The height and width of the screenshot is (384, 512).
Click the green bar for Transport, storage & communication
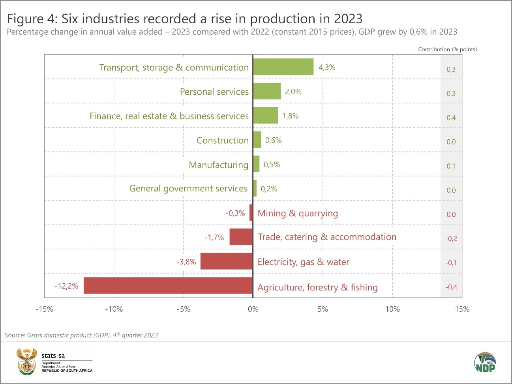(x=283, y=67)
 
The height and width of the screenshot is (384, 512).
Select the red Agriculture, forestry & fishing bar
(x=168, y=285)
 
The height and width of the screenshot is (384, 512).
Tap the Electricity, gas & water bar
(x=226, y=261)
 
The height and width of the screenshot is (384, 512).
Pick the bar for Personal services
(x=266, y=91)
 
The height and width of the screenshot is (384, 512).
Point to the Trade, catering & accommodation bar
(x=241, y=237)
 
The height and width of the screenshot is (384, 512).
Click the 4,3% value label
(x=327, y=67)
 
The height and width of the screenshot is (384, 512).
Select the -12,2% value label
(x=66, y=286)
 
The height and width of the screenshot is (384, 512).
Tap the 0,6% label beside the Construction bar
(x=273, y=140)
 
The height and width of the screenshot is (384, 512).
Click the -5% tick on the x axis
(x=184, y=309)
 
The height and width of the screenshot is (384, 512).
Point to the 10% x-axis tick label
(x=392, y=309)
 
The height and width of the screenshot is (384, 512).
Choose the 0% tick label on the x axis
(x=253, y=309)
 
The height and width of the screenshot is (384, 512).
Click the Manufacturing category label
(x=219, y=165)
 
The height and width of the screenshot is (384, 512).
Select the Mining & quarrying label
(x=298, y=214)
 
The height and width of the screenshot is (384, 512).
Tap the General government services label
(x=188, y=189)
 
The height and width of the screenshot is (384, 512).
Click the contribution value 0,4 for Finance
(x=451, y=118)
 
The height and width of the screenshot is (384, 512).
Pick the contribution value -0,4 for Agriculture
(x=451, y=287)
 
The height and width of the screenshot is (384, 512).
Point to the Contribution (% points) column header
(x=447, y=49)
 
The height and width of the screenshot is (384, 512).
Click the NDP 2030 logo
(x=485, y=362)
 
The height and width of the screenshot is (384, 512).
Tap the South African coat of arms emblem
(x=27, y=362)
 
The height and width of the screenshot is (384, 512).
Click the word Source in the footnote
(x=15, y=335)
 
